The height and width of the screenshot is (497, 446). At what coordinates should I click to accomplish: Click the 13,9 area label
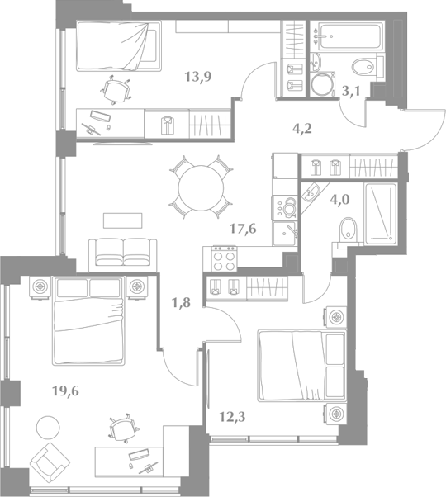point(198,77)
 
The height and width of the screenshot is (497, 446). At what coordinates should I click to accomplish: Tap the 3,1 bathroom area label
point(351,92)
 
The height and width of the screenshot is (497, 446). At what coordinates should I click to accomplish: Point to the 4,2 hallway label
point(302,128)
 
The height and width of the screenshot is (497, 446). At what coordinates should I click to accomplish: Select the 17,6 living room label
point(243,228)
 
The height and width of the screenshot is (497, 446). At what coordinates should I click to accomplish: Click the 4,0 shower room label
point(339,200)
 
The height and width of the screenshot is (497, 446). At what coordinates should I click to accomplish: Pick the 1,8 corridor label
point(181,303)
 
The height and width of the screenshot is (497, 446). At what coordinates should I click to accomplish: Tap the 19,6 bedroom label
point(65,391)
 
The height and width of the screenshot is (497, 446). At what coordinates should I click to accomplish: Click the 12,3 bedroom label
point(232,417)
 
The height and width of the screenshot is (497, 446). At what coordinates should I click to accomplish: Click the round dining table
point(201,187)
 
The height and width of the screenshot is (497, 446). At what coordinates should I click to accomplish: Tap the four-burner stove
point(225,258)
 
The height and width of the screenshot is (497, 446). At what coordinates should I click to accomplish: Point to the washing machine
point(322,84)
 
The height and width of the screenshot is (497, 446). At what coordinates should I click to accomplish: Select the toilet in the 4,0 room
point(348,230)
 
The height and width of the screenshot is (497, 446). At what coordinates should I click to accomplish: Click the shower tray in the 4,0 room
point(381,214)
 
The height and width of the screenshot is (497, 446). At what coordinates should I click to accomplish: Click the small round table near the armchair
point(48,428)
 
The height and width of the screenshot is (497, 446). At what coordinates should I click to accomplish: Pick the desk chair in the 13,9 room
point(116,90)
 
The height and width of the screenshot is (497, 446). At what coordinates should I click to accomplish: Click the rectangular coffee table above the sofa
point(123,220)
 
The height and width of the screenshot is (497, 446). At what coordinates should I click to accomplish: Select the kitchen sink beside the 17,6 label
point(284,234)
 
